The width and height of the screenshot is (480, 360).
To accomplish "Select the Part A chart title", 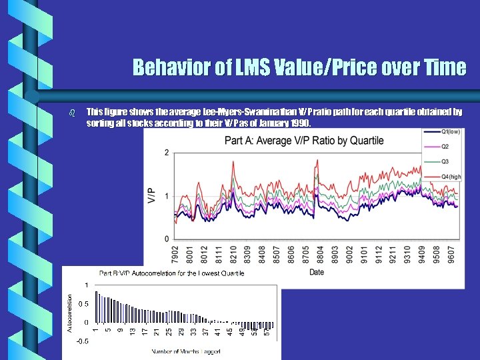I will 304,141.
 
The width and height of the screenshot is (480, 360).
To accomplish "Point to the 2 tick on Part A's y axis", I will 166,153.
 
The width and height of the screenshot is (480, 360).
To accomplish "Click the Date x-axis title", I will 317,272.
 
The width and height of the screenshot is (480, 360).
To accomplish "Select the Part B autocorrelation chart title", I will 172,273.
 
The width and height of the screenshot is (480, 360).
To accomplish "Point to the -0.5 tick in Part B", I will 81,341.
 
